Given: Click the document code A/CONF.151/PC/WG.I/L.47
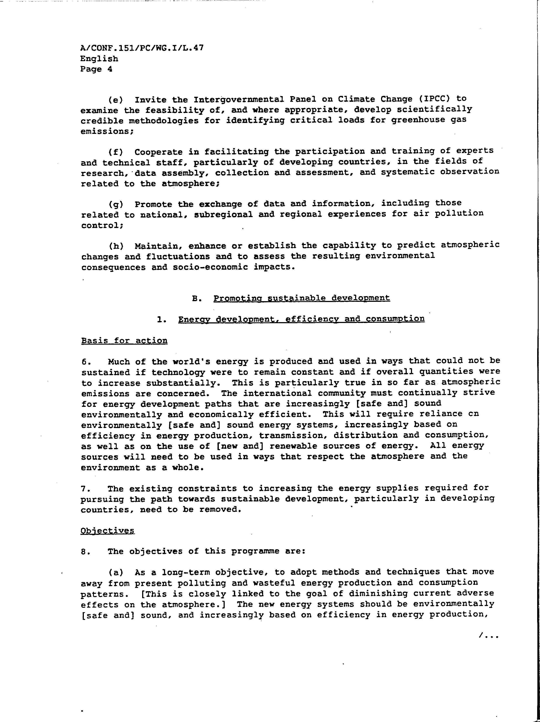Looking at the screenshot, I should (x=142, y=48).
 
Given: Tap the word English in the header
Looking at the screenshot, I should (x=99, y=59).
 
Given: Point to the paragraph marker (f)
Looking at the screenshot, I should (x=116, y=152).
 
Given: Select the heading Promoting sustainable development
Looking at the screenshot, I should (x=302, y=298).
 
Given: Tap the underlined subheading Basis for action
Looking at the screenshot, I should (x=124, y=341).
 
